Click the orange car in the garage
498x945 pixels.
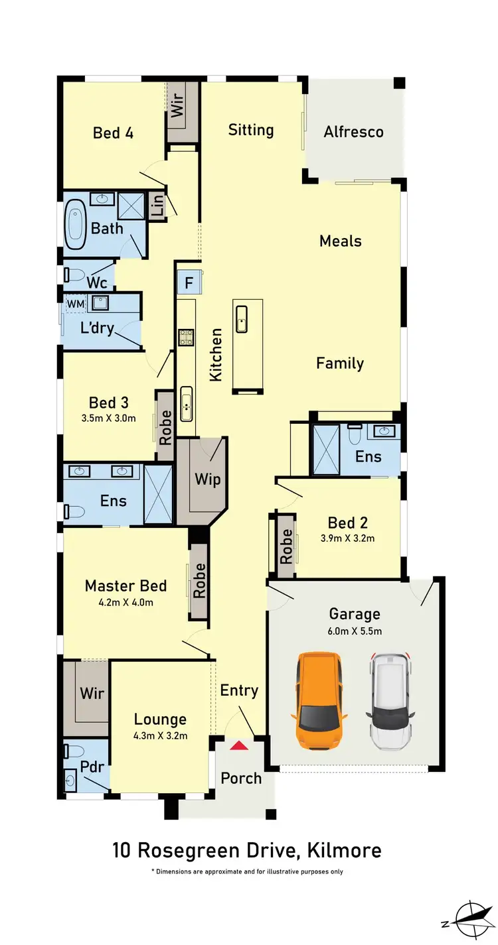(x=319, y=700)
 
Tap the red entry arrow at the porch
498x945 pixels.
(x=239, y=746)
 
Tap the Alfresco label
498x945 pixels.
(x=353, y=132)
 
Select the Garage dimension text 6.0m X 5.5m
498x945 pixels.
(x=355, y=631)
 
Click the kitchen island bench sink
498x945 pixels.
(x=242, y=318)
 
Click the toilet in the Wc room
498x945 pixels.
(x=73, y=274)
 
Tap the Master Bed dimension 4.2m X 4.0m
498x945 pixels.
(x=125, y=602)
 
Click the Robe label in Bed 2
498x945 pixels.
(x=286, y=546)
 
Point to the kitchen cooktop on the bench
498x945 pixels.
(x=185, y=337)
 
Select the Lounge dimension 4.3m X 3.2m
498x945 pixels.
(x=160, y=735)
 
